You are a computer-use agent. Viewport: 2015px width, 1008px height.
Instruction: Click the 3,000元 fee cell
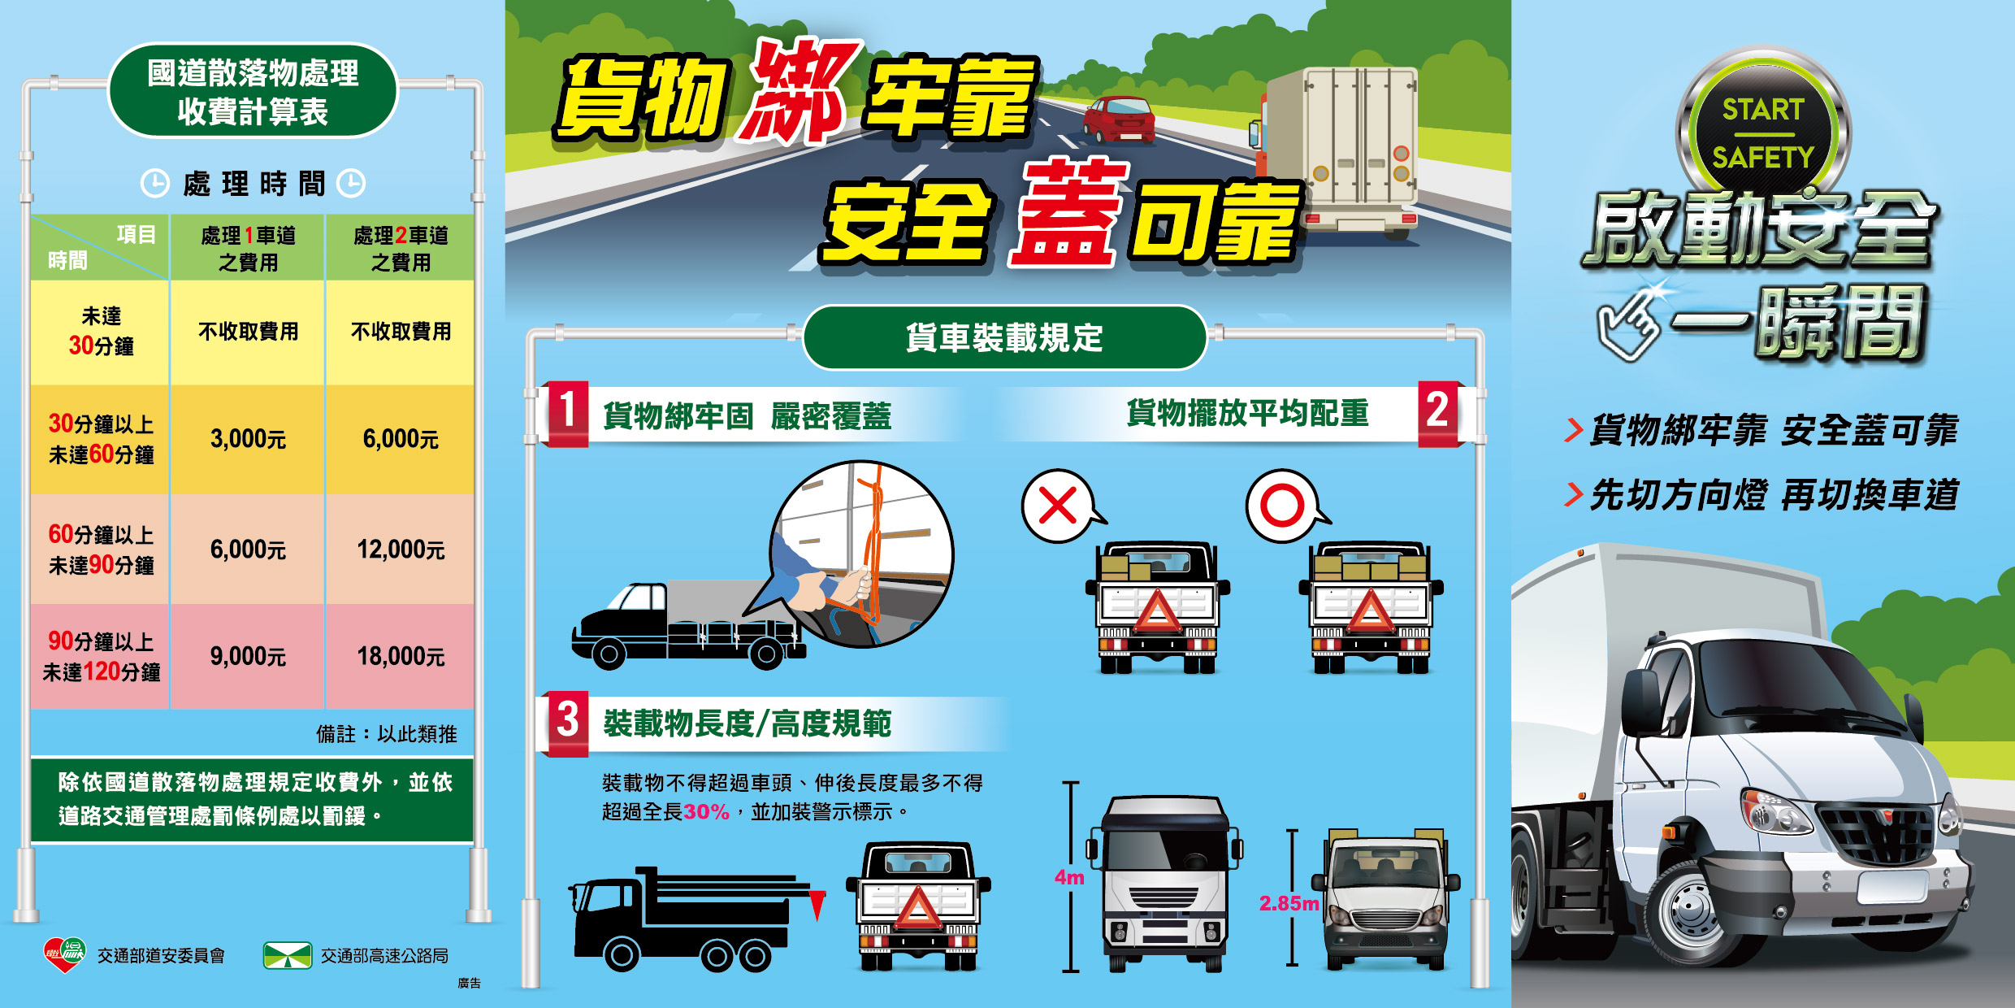coord(248,439)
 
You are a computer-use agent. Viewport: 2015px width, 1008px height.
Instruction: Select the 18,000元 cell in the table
coord(401,656)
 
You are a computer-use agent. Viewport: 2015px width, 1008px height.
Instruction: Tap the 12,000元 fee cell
coord(401,550)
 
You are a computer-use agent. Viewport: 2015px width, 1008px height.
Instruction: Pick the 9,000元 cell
coord(248,656)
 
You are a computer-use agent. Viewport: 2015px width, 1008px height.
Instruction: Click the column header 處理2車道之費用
coord(401,249)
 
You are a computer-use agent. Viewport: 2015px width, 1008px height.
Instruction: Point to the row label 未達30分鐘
coord(101,331)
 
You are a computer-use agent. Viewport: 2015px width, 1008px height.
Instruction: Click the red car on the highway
coord(1119,119)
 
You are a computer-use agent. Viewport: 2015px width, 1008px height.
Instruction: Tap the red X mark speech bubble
coord(1060,506)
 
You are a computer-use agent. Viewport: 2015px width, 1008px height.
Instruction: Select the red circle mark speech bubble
coord(1285,506)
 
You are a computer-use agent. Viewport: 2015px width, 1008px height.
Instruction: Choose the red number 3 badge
coord(568,722)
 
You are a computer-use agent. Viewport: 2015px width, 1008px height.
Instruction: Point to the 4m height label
coord(1069,878)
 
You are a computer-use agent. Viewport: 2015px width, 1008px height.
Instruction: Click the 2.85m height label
coord(1289,903)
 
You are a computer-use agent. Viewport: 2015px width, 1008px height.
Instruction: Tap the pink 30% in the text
coord(706,812)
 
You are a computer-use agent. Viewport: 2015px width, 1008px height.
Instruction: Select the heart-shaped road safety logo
coord(64,954)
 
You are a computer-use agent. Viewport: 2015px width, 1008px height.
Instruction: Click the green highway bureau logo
coord(288,955)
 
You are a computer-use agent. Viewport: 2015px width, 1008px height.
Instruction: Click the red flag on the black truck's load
coord(817,905)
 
